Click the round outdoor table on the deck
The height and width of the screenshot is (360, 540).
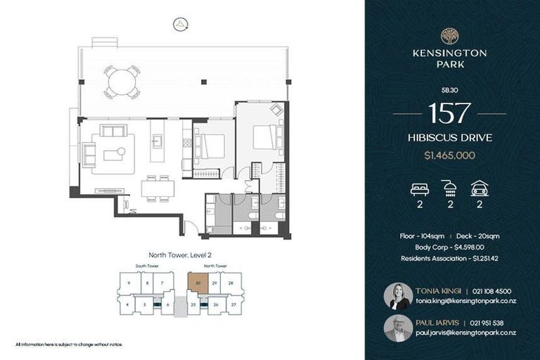pos(122,82)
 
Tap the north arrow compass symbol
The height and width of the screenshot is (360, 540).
pos(181,24)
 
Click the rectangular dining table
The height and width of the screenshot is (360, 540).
pos(157,188)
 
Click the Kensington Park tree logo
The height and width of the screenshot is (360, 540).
pos(449,37)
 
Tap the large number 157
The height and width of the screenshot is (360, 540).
pos(449,112)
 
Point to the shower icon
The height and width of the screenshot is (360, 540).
pos(449,188)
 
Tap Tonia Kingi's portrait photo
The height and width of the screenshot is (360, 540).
pos(398,296)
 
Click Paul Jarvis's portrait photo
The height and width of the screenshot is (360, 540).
pos(398,328)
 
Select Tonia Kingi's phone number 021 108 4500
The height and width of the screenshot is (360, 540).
pos(492,291)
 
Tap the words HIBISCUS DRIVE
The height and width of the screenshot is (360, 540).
pos(449,137)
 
